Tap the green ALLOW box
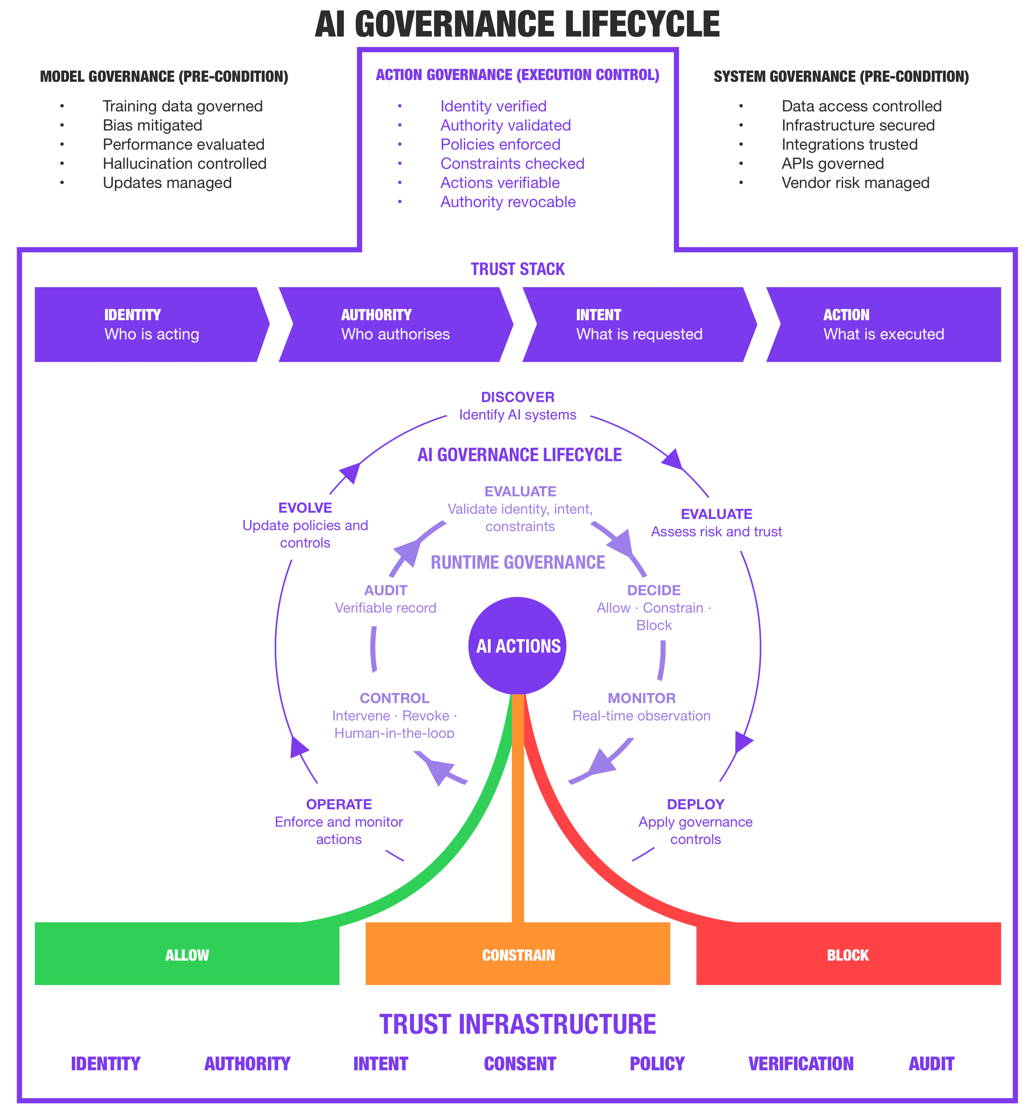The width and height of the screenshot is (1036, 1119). [187, 955]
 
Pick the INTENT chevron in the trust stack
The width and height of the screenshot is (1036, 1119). [639, 324]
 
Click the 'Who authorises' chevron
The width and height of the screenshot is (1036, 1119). [395, 324]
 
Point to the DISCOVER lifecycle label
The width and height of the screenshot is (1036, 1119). [517, 397]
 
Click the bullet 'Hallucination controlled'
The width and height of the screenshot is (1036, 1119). [185, 164]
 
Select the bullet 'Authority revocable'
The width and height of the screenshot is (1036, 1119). [508, 202]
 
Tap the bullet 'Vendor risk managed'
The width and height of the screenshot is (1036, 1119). [855, 183]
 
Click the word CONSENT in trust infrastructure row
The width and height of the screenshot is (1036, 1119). [520, 1064]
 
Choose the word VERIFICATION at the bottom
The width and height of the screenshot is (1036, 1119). [801, 1064]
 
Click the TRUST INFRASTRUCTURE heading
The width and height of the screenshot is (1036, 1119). [517, 1024]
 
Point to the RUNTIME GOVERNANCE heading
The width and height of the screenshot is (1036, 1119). [517, 562]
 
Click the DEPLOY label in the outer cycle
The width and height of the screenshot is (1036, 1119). [695, 804]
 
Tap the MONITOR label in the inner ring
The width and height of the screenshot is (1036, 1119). [641, 698]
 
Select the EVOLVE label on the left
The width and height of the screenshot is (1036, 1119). [305, 508]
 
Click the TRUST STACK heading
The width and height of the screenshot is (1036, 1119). [517, 269]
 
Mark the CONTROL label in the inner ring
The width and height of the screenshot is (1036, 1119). [394, 698]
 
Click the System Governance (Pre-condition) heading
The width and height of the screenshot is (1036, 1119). [841, 77]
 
